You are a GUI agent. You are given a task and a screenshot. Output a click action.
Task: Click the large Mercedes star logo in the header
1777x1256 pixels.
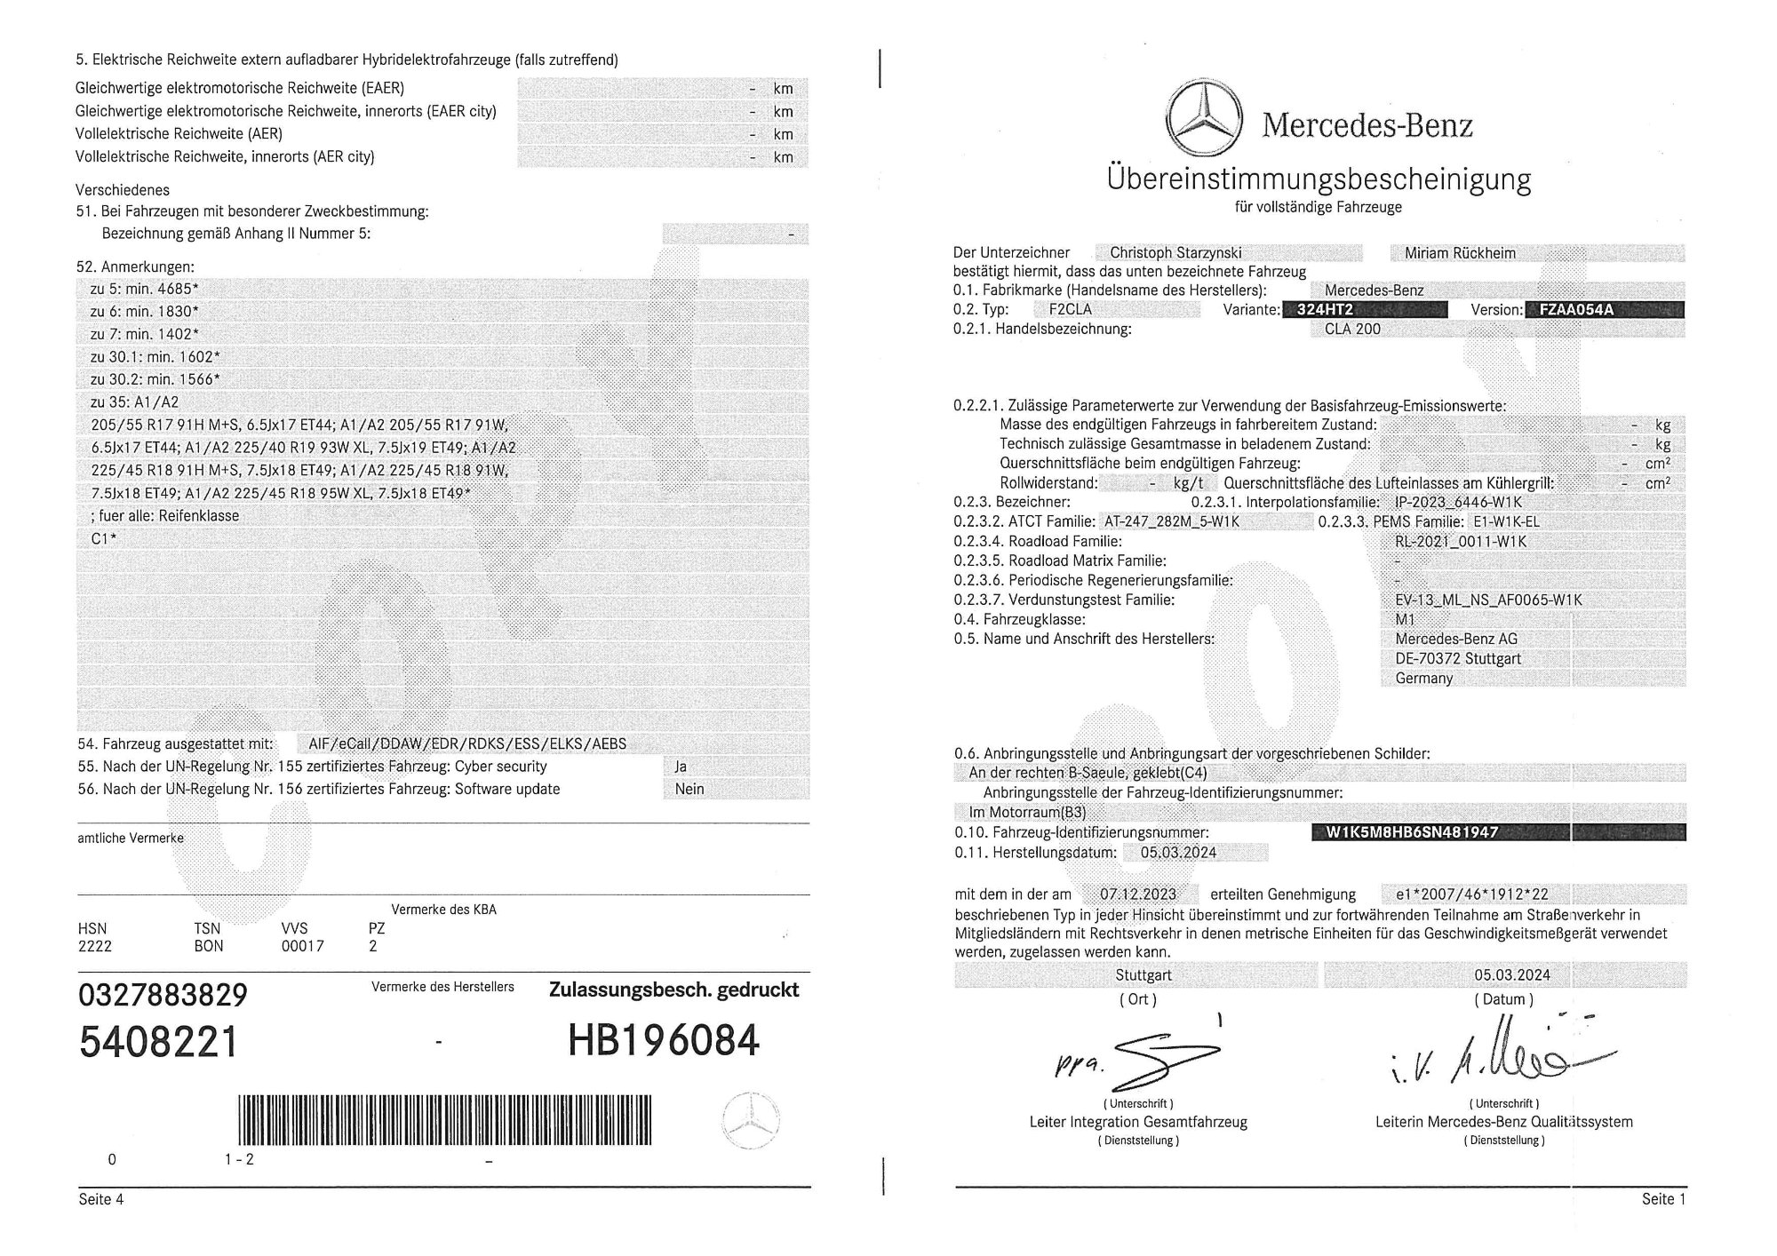pyautogui.click(x=1207, y=121)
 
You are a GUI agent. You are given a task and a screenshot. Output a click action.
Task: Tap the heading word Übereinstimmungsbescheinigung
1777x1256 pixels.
pyautogui.click(x=1319, y=179)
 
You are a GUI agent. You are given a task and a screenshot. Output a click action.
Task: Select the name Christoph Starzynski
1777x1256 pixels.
pyautogui.click(x=1175, y=253)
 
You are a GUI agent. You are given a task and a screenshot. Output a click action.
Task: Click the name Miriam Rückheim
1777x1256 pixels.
pyautogui.click(x=1460, y=253)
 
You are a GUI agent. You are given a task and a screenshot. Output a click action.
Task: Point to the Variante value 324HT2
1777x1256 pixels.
pyautogui.click(x=1326, y=310)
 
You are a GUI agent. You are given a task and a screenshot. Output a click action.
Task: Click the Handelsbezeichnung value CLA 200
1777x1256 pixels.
pyautogui.click(x=1352, y=329)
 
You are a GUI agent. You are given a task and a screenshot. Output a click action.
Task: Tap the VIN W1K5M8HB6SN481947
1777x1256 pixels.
pyautogui.click(x=1412, y=832)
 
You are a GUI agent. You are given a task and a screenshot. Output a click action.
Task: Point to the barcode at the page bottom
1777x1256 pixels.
pyautogui.click(x=444, y=1120)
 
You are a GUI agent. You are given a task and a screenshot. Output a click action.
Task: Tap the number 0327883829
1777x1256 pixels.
pyautogui.click(x=163, y=995)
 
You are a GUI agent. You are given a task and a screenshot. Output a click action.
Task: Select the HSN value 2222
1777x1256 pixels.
pyautogui.click(x=95, y=946)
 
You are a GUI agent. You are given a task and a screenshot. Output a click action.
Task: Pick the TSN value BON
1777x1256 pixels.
pyautogui.click(x=209, y=946)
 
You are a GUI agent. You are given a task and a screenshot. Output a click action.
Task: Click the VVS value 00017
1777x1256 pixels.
pyautogui.click(x=302, y=946)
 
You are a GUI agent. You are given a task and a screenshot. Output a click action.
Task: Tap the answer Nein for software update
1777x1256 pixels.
pyautogui.click(x=689, y=789)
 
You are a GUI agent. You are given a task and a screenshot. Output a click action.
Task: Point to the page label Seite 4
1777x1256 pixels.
pyautogui.click(x=101, y=1199)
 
